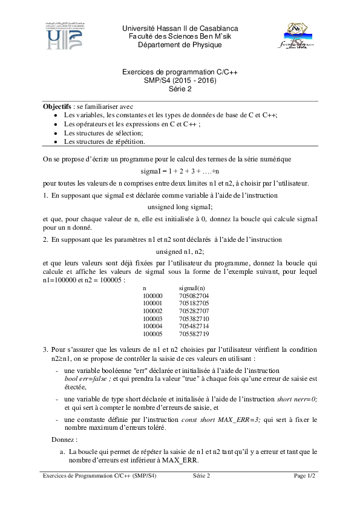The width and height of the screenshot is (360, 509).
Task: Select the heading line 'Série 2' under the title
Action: (x=180, y=88)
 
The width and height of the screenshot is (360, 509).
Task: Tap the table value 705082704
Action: (x=194, y=296)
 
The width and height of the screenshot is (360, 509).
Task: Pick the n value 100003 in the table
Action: (x=152, y=318)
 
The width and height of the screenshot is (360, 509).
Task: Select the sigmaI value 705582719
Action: (x=194, y=333)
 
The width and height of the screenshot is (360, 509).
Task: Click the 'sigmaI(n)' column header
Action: (x=192, y=289)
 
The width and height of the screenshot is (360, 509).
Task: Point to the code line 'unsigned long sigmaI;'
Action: (x=180, y=206)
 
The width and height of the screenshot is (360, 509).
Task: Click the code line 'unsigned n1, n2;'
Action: (x=180, y=250)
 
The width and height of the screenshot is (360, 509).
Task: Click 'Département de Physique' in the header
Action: (x=180, y=45)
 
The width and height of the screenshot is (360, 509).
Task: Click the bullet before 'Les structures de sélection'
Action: (x=56, y=133)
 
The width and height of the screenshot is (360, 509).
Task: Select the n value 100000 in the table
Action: (x=152, y=296)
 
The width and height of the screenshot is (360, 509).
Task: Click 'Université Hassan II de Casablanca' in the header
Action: (x=180, y=29)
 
